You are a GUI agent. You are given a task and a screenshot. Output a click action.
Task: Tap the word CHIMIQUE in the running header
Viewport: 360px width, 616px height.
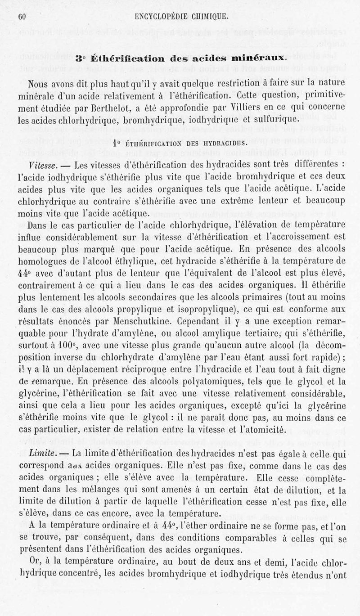(206, 17)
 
